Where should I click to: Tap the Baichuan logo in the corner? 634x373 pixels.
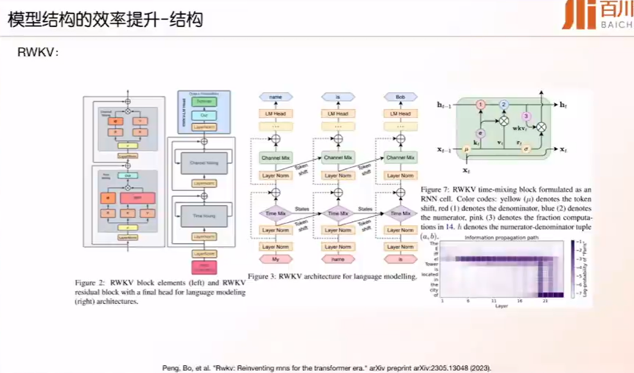click(596, 16)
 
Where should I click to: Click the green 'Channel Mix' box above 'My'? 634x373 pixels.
click(276, 158)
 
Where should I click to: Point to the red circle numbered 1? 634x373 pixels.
click(481, 106)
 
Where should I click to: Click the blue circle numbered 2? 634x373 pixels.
click(504, 105)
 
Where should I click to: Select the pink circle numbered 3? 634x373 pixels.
click(526, 116)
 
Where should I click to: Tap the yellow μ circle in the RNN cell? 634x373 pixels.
click(466, 148)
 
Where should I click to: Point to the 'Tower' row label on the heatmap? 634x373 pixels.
click(432, 264)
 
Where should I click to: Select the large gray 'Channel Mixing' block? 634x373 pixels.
click(205, 164)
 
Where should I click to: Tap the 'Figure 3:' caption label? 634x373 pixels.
click(261, 277)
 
